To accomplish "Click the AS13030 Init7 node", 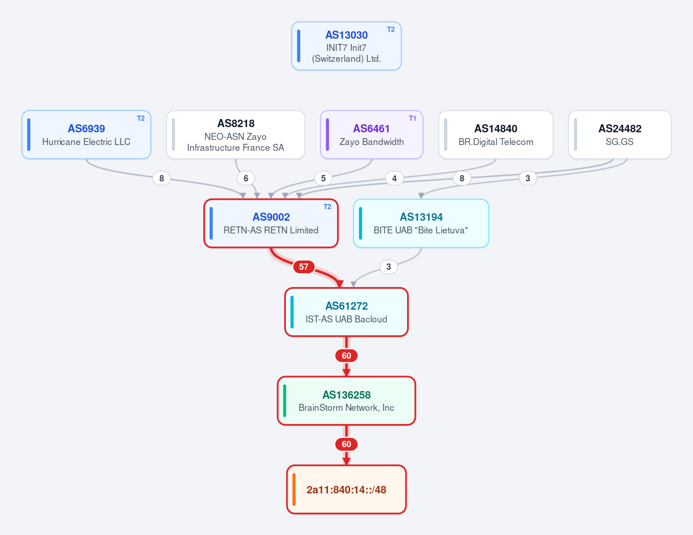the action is [346, 46].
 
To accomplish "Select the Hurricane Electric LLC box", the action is [86, 135].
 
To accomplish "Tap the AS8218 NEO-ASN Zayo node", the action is [236, 135].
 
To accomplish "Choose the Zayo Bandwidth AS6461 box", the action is [371, 135].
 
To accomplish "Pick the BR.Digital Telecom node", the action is [495, 135].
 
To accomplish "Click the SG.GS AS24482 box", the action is [620, 135].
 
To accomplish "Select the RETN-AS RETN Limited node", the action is [271, 224].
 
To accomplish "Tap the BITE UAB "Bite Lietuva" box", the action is [421, 224].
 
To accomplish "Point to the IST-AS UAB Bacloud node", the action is [346, 312].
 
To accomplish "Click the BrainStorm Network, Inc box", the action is [346, 401].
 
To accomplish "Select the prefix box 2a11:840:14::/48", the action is [346, 489].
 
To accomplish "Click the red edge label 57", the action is [304, 267].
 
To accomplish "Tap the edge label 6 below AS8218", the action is [245, 179].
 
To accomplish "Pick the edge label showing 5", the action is [323, 179].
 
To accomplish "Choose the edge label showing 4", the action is [394, 179].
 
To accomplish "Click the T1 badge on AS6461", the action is [412, 118].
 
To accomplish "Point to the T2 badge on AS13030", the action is [390, 29].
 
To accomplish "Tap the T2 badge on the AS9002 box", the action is [327, 207].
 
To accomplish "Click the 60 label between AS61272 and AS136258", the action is [346, 356].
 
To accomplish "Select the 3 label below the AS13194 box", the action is [389, 267].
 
